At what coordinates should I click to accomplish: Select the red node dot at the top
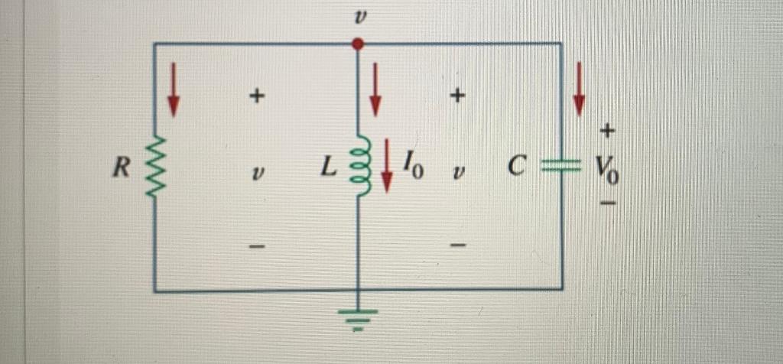click(x=357, y=45)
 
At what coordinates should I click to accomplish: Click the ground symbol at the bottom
click(x=358, y=316)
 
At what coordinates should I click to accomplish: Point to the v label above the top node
click(x=357, y=17)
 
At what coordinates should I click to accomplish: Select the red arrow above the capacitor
click(x=579, y=87)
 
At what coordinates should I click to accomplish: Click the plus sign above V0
click(x=606, y=132)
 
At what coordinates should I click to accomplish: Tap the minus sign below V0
click(x=607, y=204)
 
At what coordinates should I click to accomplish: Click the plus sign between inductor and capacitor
click(x=457, y=96)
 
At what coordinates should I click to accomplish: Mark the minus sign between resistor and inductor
click(x=258, y=246)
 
